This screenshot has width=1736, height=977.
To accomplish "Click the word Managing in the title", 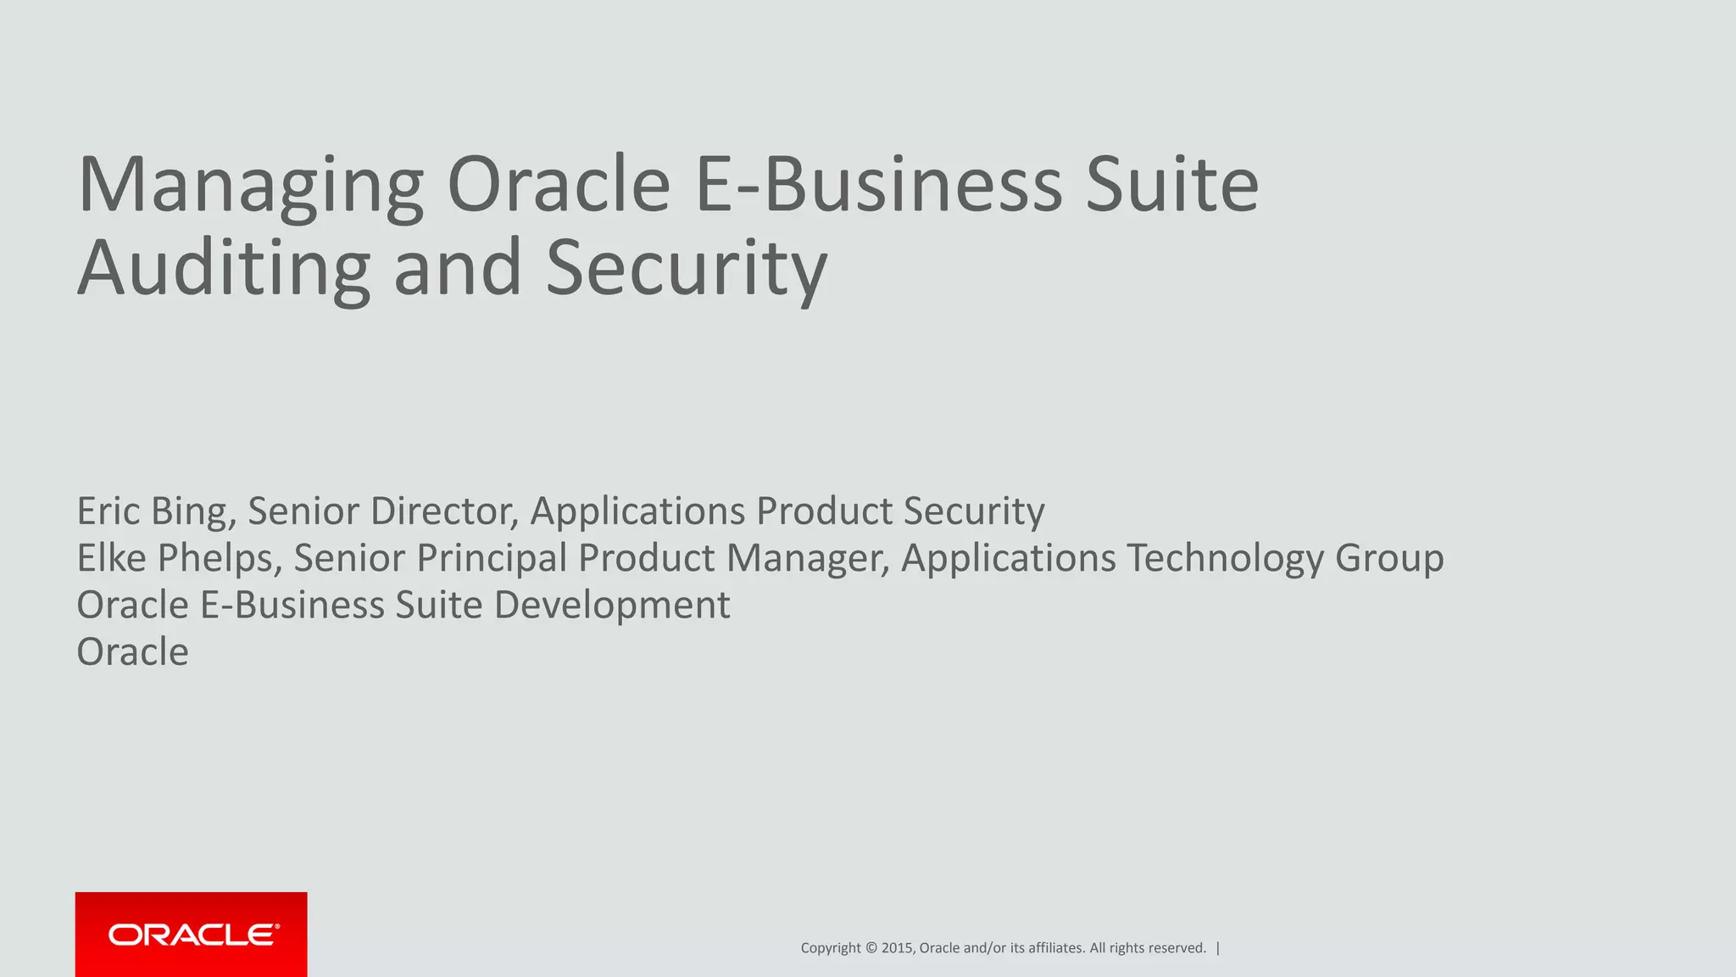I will coord(251,187).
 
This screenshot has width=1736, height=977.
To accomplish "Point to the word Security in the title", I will coord(686,269).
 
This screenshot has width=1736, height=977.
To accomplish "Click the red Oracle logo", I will coord(192,934).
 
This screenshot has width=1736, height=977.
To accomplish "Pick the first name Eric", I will coord(108,511).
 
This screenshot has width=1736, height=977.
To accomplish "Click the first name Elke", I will coord(112,558).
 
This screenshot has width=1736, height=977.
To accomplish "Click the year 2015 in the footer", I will coord(897,948).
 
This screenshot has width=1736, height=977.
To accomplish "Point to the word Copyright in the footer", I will coord(831,948).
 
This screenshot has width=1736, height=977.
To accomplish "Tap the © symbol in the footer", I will coord(871,948).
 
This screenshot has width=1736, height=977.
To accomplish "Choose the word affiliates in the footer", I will coord(1055,948).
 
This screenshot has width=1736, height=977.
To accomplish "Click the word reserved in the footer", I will coord(1177,948).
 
